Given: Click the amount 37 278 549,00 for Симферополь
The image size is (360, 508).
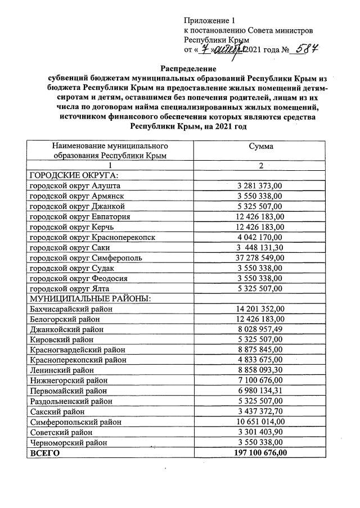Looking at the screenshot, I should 259,258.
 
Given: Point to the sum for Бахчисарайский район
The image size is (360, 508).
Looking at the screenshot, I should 259,309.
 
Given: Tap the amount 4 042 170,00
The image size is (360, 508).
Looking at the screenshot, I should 259,237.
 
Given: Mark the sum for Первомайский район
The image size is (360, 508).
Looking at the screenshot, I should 259,391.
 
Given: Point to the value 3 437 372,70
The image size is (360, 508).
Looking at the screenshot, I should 259,411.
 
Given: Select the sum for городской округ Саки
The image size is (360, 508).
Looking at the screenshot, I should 259,248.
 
